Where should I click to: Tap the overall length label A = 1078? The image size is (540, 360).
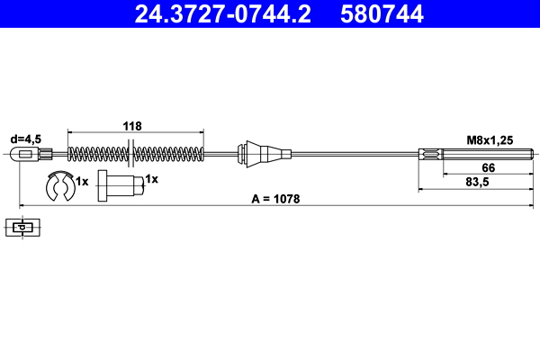tap(276, 198)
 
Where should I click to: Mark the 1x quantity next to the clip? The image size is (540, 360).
tap(82, 181)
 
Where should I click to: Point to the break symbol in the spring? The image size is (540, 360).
tap(132, 153)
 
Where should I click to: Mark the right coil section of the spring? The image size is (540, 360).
tap(171, 154)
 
